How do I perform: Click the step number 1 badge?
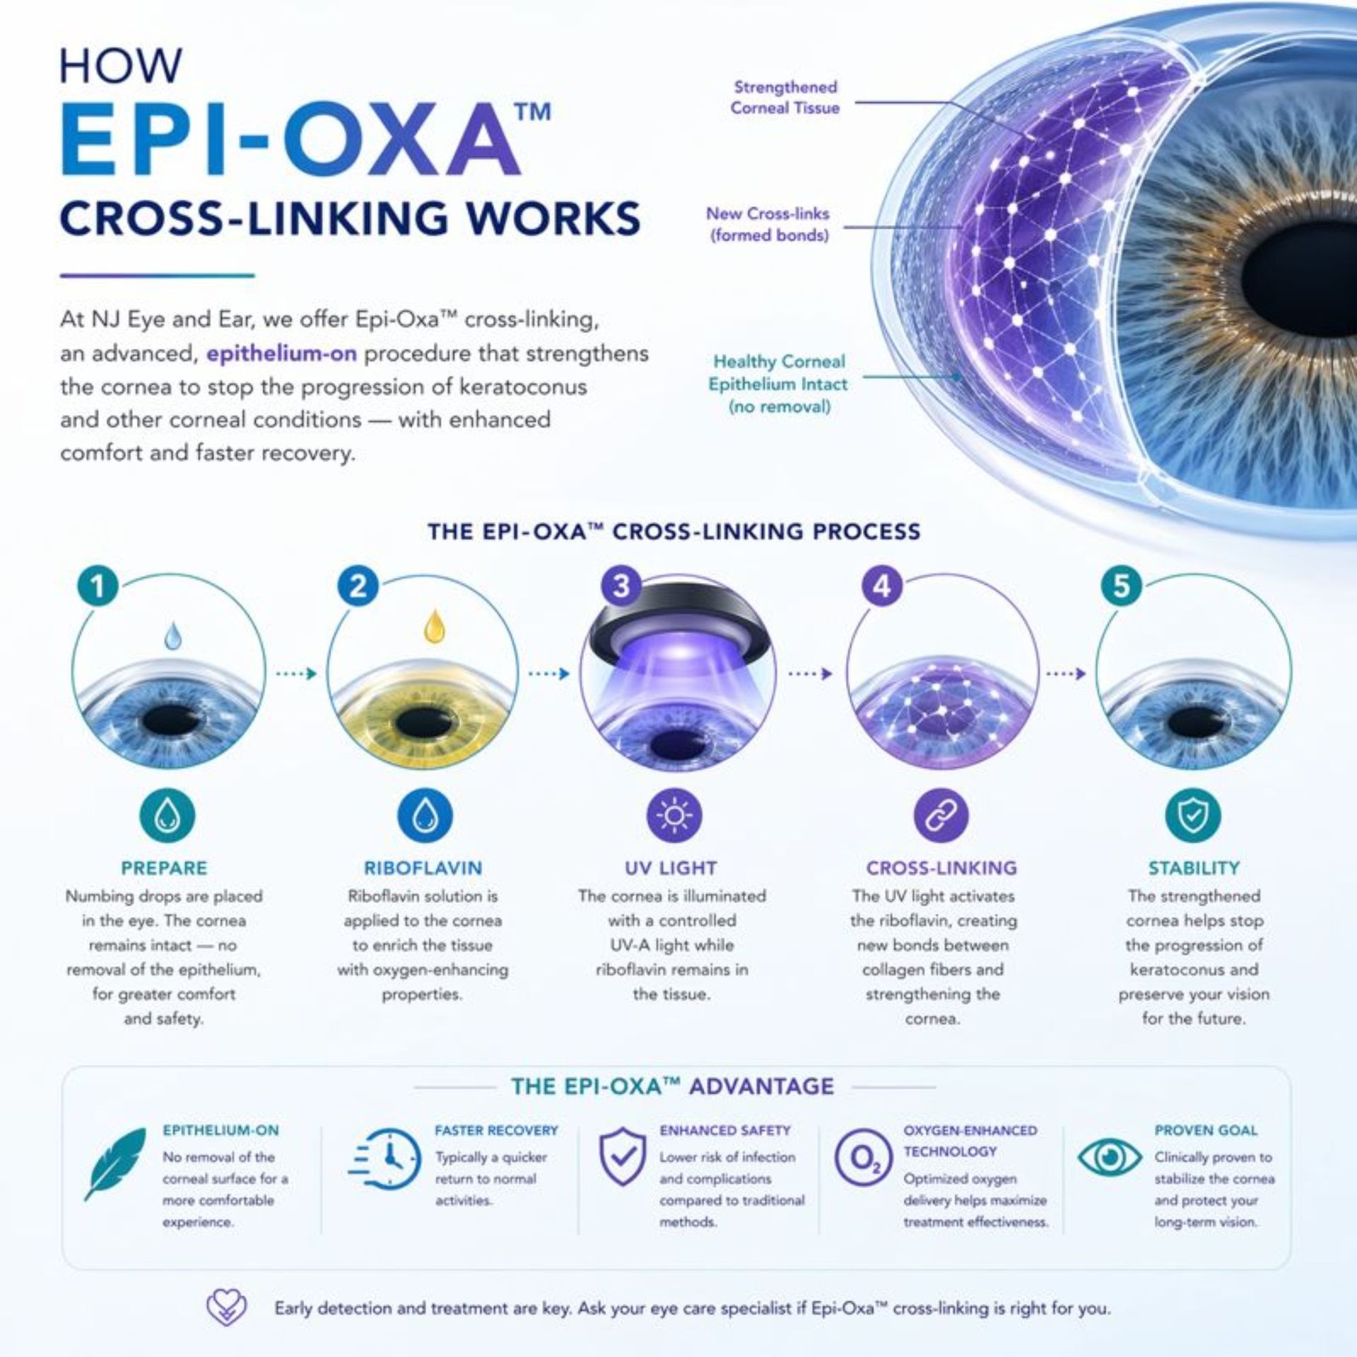pos(98,586)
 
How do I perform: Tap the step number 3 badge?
pos(621,586)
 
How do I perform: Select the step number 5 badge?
pos(1121,586)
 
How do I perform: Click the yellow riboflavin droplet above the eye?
pos(434,627)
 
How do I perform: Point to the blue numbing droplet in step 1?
pos(172,635)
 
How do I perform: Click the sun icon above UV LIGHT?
pos(674,816)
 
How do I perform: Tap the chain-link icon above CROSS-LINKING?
pos(941,816)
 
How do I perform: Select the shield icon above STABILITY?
pos(1192,816)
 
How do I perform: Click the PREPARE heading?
pos(164,868)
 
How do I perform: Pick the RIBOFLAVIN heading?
pos(423,868)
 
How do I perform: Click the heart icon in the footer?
pos(226,1308)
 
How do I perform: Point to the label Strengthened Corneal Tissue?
pos(785,98)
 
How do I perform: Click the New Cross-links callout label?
pos(768,224)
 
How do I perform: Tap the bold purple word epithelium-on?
pos(281,353)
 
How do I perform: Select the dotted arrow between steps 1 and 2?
pos(295,674)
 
